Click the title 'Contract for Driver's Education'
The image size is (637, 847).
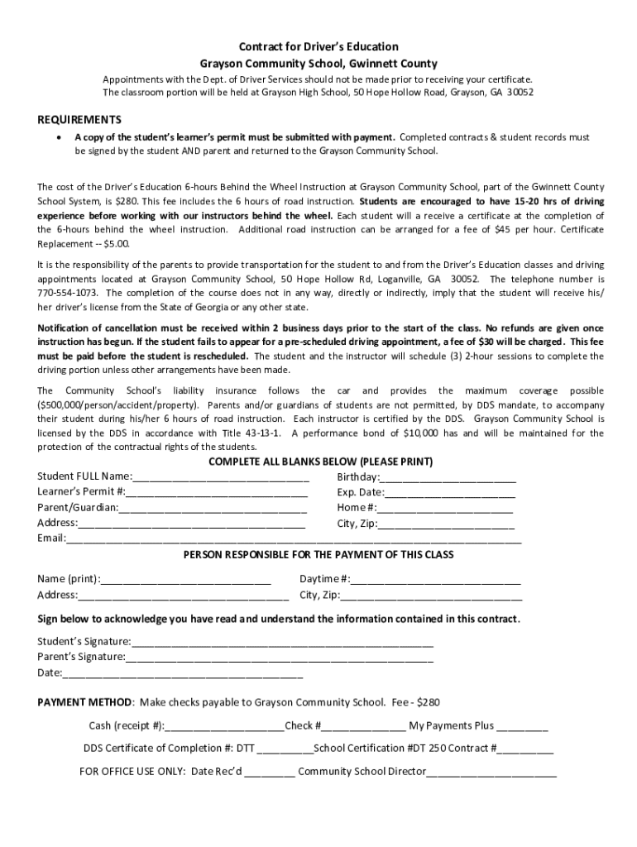point(318,47)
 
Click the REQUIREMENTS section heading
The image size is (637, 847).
point(79,120)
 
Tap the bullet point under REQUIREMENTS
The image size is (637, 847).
point(56,137)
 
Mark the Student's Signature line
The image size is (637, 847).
point(281,642)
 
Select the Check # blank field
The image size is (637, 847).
point(363,727)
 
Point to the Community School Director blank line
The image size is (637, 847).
point(491,773)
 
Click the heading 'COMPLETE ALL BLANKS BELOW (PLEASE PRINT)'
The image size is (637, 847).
point(320,462)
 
